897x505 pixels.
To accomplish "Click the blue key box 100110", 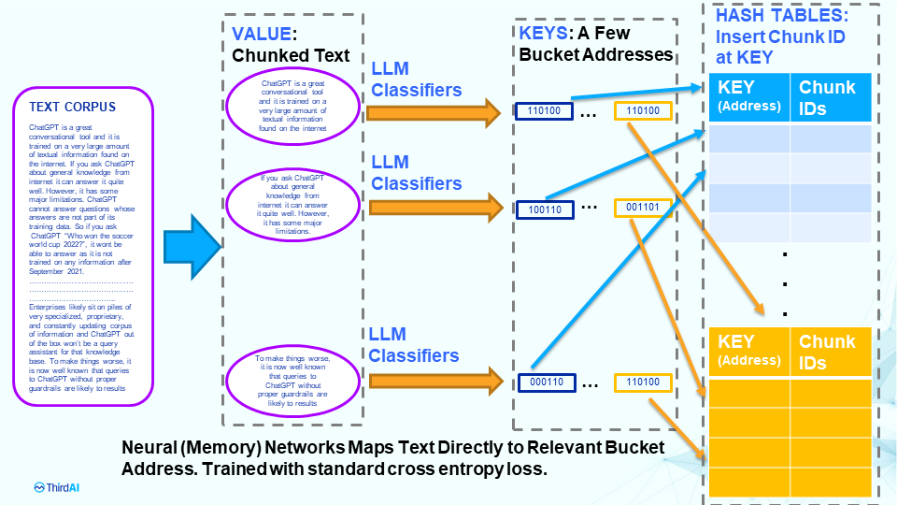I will pyautogui.click(x=544, y=209).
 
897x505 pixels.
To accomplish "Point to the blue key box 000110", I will pyautogui.click(x=544, y=382).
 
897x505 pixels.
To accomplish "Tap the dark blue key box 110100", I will pyautogui.click(x=544, y=111).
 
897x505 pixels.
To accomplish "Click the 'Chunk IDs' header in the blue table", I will pyautogui.click(x=828, y=96).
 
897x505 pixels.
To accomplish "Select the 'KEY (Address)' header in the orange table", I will pyautogui.click(x=748, y=351).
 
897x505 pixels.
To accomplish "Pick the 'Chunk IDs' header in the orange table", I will pyautogui.click(x=828, y=352).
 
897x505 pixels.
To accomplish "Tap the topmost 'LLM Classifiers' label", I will pyautogui.click(x=416, y=80).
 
